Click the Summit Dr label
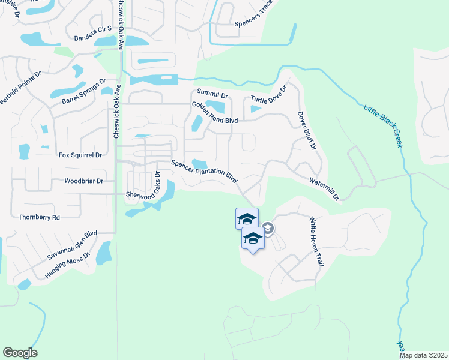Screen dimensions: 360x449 click(x=212, y=95)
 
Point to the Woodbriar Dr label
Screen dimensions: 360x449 click(x=84, y=181)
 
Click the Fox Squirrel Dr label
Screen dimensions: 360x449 click(x=80, y=155)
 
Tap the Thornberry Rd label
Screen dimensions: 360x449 click(x=40, y=217)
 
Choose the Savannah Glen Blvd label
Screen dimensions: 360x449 click(x=72, y=245)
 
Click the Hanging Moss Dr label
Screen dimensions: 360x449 click(x=67, y=266)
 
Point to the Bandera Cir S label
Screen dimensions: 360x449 click(x=93, y=37)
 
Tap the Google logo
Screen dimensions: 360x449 click(x=20, y=353)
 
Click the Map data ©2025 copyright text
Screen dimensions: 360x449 click(x=423, y=355)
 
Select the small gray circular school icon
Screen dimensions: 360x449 click(x=268, y=228)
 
